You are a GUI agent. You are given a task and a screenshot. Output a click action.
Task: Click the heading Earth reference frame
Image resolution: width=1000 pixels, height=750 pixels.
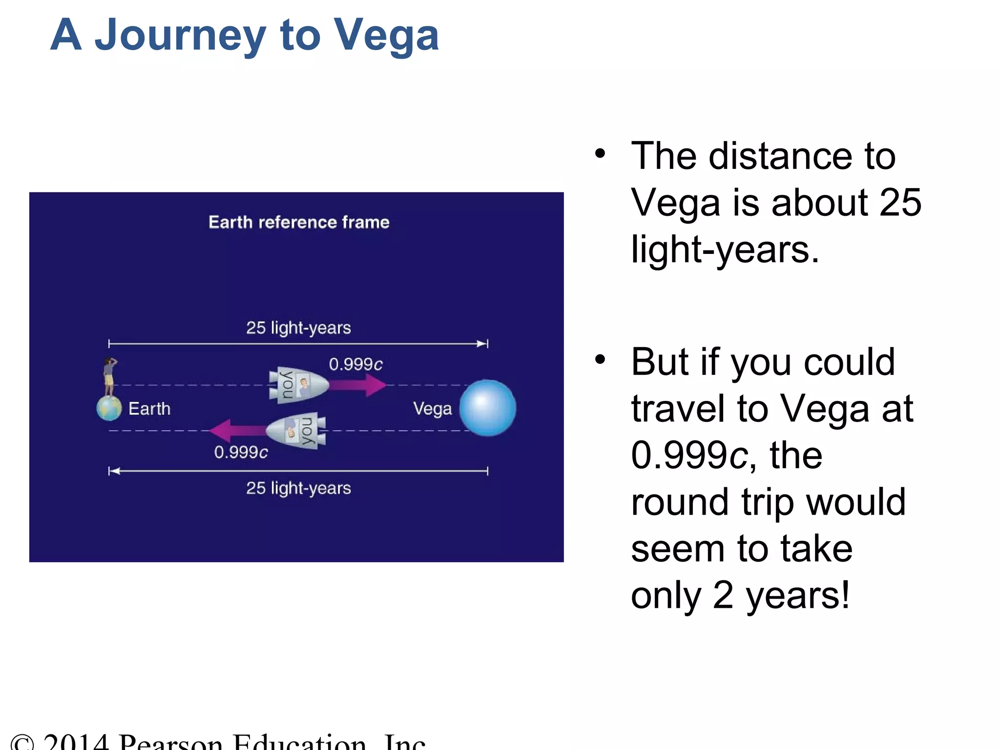point(299,222)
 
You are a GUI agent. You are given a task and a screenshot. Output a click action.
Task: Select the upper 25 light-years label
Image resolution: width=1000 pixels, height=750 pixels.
point(298,328)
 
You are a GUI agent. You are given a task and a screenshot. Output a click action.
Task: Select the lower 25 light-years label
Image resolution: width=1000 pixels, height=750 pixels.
point(298,488)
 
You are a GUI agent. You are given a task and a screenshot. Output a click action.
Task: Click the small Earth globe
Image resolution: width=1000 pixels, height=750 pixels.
point(109,408)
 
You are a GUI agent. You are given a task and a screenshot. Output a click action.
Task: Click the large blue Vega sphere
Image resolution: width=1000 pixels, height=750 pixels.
point(487,408)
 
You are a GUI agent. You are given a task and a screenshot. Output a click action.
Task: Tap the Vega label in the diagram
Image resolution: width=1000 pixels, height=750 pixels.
point(432,409)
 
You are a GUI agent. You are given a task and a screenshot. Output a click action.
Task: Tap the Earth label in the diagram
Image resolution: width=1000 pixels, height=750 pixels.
point(149,409)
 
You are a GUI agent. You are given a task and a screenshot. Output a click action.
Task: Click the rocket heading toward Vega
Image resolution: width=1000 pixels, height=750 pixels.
point(298,385)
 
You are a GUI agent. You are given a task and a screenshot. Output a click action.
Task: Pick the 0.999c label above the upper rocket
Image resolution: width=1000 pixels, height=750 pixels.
point(355,364)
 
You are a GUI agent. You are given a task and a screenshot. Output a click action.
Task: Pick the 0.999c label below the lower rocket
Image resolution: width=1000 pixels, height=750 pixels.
point(241,452)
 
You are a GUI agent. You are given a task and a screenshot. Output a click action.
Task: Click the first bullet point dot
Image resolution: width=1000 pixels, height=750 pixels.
point(600,154)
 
